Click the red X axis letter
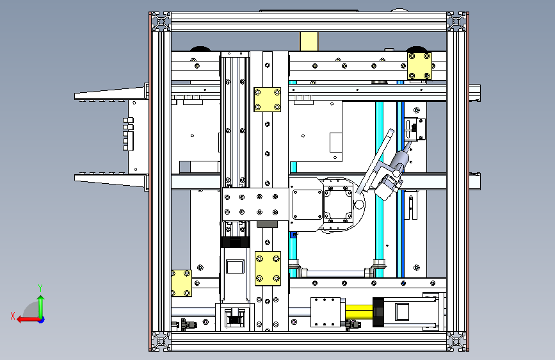(x=13, y=316)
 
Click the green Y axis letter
(x=40, y=288)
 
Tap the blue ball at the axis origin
(x=42, y=320)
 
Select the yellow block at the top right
(x=419, y=66)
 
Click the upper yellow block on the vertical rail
(x=267, y=99)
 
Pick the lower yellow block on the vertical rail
(x=268, y=268)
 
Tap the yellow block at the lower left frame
(x=181, y=283)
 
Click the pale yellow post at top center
(x=309, y=41)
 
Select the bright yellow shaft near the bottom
(x=359, y=312)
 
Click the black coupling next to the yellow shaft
(x=378, y=312)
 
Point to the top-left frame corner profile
(x=161, y=22)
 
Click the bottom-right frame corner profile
(x=456, y=341)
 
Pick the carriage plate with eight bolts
(x=255, y=204)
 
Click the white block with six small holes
(x=325, y=312)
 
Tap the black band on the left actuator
(x=235, y=242)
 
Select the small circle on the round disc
(x=359, y=204)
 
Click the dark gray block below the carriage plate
(x=267, y=224)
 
